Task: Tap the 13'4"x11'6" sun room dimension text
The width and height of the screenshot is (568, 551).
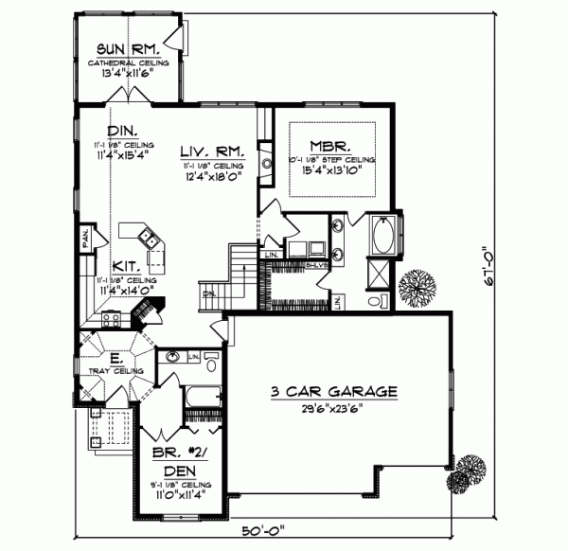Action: [x=129, y=73]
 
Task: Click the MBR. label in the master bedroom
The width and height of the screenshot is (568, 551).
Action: [x=331, y=147]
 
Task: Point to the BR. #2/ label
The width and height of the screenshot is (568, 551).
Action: [x=178, y=454]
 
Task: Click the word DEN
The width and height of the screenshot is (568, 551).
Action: [x=178, y=471]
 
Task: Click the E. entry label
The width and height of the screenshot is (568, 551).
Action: [x=114, y=359]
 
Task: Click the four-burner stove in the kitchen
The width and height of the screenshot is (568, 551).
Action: [x=108, y=320]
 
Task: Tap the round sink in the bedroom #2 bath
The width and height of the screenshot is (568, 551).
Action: [x=174, y=357]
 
